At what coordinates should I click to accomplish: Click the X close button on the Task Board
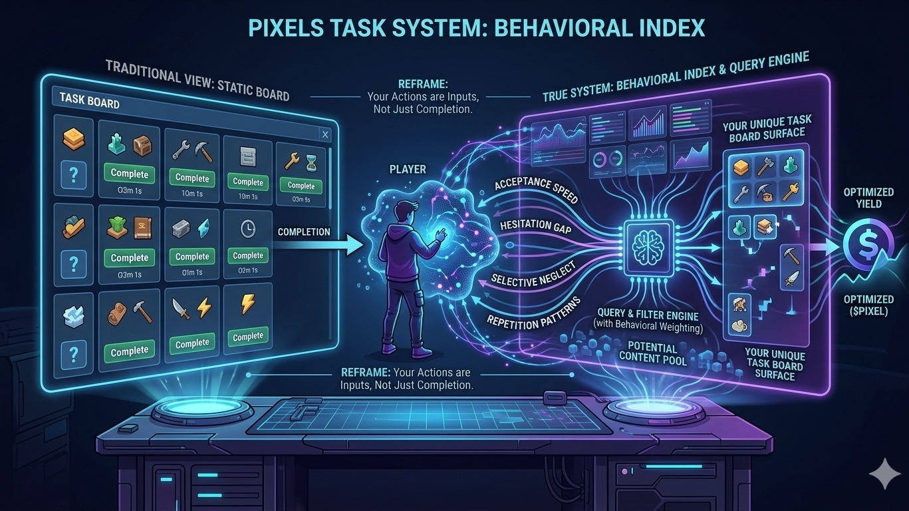coord(325,135)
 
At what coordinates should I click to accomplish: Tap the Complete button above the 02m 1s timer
coord(248,255)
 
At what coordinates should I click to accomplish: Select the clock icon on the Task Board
coord(247,228)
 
